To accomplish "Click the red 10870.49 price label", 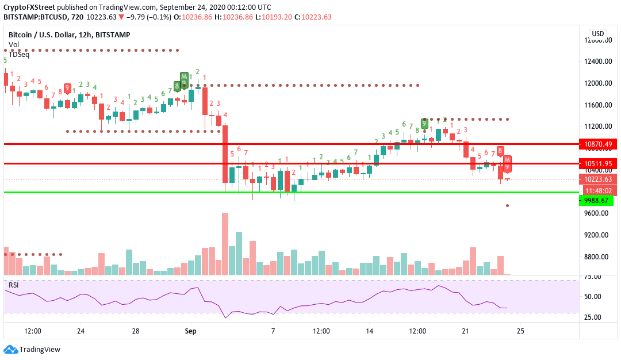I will pos(598,144).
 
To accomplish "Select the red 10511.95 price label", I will pos(598,163).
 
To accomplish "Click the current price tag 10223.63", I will pos(598,179).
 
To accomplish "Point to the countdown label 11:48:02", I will pos(598,190).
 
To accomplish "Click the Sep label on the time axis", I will pos(190,331).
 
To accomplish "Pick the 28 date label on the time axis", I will pos(136,331).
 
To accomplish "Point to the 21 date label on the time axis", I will pos(466,331).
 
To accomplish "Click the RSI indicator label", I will pos(13,285).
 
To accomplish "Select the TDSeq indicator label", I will pos(19,54).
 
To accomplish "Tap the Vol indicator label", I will pos(13,45).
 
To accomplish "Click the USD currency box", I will pos(598,33).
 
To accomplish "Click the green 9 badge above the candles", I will pos(424,123).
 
